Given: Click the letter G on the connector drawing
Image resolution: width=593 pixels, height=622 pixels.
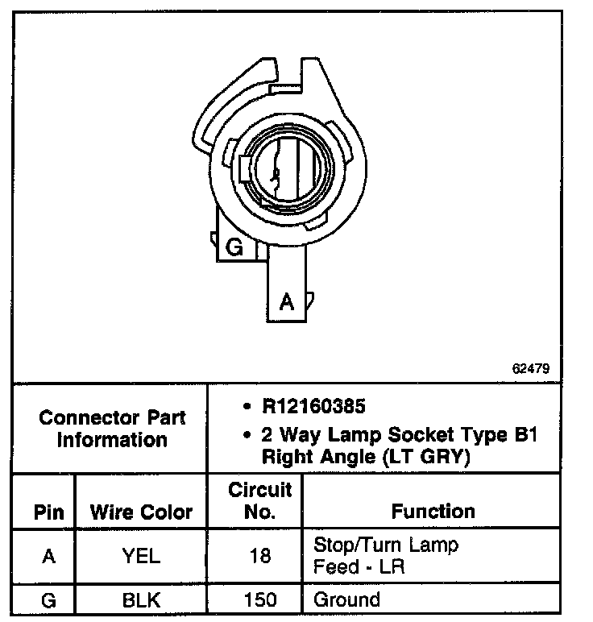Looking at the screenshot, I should [235, 247].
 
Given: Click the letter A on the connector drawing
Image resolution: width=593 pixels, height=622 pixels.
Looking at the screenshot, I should [286, 302].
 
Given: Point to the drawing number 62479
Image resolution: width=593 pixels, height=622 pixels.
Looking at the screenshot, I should [530, 368].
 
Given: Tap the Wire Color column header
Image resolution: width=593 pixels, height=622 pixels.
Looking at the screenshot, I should [141, 512].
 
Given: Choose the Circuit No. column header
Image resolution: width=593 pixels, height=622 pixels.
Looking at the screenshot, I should [260, 500].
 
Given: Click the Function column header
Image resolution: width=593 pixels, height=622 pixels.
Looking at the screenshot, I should [433, 512].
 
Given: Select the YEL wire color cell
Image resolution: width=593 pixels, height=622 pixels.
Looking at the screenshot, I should [141, 556].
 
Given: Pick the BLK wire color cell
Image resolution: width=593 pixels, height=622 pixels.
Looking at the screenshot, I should [141, 600].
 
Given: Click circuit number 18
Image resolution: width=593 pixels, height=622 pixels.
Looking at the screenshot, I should [260, 556].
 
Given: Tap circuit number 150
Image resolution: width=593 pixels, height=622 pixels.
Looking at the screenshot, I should [260, 600].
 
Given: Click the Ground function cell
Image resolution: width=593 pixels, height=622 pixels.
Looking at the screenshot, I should [346, 600].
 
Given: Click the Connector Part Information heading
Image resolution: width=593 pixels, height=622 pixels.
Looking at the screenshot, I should [112, 429].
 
